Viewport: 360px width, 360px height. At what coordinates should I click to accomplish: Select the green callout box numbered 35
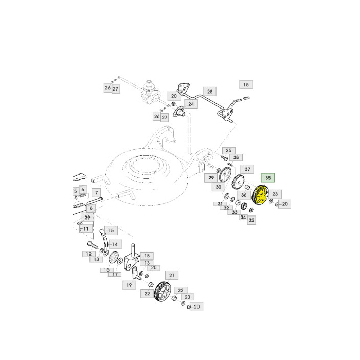pos(268,178)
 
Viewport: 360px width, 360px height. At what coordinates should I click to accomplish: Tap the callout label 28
pos(209,92)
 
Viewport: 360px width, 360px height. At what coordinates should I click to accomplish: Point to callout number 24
pos(191,104)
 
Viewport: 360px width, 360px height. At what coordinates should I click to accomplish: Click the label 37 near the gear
pos(247,169)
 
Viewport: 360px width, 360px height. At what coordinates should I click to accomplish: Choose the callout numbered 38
pos(236,157)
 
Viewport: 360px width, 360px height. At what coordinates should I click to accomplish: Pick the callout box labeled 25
pos(229,150)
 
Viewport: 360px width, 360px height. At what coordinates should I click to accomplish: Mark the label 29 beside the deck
pos(211,177)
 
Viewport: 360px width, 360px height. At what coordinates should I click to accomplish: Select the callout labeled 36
pos(244,195)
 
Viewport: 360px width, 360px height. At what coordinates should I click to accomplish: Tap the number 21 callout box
pos(171,276)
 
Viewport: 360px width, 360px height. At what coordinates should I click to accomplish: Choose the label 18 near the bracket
pos(147,256)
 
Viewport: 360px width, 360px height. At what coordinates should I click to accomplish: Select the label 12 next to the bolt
pos(88,254)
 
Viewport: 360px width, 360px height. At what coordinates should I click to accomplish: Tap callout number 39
pos(87,218)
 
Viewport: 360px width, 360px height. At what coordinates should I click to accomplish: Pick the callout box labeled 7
pos(96,193)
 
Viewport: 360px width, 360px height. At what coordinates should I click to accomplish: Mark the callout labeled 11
pos(85,229)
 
